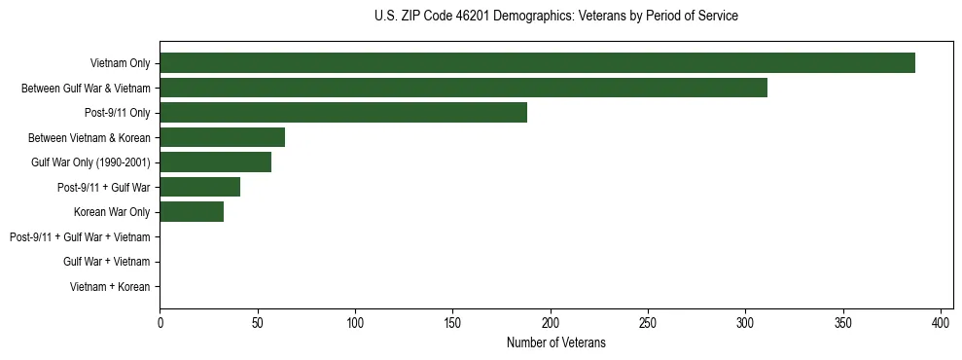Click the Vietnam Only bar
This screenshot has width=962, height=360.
click(x=537, y=63)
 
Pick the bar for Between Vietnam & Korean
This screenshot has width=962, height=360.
click(x=222, y=137)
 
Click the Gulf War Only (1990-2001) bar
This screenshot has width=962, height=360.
click(x=215, y=162)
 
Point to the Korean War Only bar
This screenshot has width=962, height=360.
click(x=192, y=212)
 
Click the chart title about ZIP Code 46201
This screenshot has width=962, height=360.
click(x=555, y=17)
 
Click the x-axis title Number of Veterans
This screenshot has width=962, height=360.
click(x=555, y=342)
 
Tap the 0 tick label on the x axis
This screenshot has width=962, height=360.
click(x=160, y=323)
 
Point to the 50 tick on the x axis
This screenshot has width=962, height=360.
click(x=257, y=323)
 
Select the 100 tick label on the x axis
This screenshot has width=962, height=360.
click(x=355, y=323)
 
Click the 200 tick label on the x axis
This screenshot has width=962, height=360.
click(x=551, y=323)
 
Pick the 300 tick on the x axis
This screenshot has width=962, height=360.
click(x=746, y=323)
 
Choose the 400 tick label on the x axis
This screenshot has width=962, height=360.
click(x=941, y=323)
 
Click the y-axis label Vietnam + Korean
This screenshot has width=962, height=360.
click(x=110, y=287)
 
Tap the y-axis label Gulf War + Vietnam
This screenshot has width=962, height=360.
click(x=106, y=262)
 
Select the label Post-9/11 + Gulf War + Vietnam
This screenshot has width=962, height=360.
click(x=80, y=237)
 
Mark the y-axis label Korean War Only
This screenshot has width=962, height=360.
click(x=111, y=212)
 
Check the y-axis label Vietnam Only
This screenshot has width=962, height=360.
click(x=120, y=63)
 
